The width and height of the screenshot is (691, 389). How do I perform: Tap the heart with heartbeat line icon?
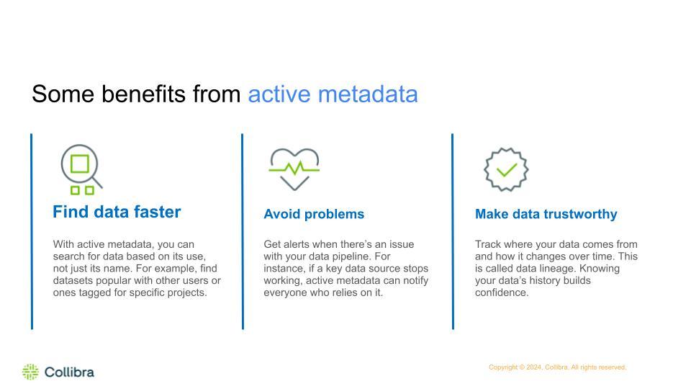[294, 169]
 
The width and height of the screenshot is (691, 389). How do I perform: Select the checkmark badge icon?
[506, 169]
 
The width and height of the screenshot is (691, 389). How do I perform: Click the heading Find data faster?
[117, 212]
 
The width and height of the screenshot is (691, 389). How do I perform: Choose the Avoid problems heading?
[314, 214]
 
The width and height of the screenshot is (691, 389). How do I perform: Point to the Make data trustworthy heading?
[546, 214]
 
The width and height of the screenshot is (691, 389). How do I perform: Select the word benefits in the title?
[144, 94]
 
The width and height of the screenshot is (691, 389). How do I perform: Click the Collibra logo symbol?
[30, 372]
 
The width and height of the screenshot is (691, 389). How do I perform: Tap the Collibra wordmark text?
[69, 372]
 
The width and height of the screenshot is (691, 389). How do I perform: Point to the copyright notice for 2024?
[557, 367]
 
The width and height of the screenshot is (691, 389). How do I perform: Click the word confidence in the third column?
[502, 292]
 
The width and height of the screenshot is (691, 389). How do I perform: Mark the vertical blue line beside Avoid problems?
[243, 231]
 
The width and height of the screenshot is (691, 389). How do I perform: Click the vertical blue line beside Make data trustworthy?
[453, 231]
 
